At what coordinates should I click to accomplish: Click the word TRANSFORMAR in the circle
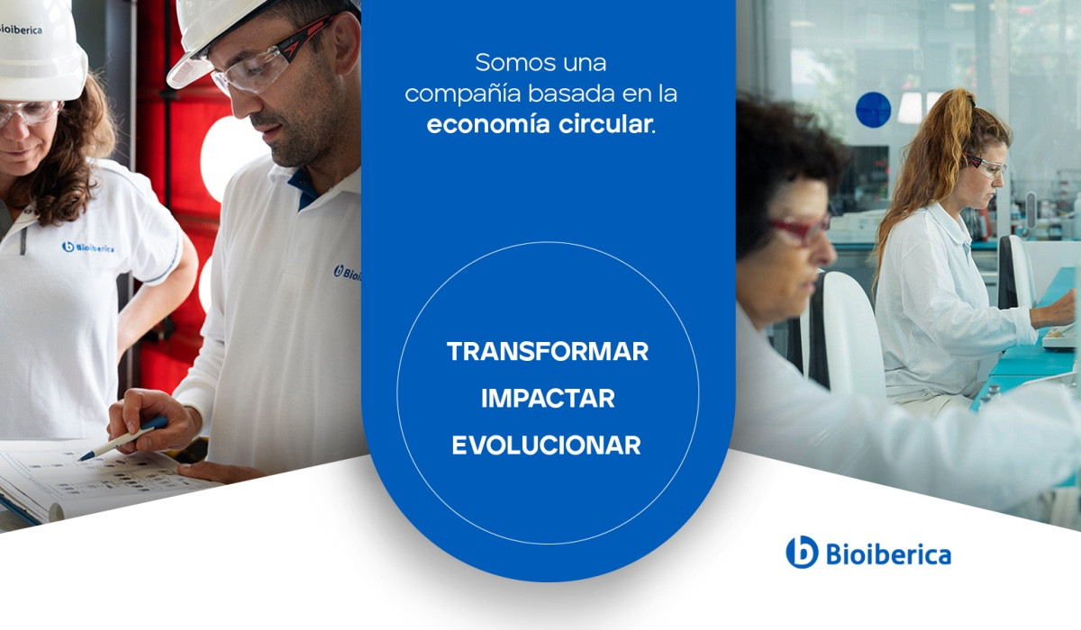point(548,351)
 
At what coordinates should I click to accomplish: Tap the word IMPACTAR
point(548,398)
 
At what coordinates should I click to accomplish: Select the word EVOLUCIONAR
point(546,445)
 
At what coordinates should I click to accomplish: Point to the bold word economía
point(488,124)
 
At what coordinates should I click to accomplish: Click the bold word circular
point(605,124)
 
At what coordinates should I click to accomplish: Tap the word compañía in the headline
point(463,94)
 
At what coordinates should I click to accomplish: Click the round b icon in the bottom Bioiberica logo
point(802,552)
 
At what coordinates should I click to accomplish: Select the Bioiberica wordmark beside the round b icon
point(888,553)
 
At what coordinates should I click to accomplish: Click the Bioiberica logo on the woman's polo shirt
point(88,247)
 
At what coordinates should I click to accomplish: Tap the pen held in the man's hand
point(123,438)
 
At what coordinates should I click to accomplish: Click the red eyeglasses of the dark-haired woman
point(799,228)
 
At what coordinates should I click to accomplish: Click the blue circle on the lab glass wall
point(873,110)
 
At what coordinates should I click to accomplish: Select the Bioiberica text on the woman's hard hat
point(20,30)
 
